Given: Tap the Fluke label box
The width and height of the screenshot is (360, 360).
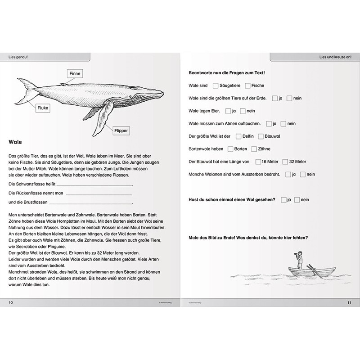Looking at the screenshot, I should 44,108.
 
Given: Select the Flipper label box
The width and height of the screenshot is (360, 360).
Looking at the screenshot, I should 121,131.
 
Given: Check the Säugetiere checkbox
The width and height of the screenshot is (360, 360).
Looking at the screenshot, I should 216,85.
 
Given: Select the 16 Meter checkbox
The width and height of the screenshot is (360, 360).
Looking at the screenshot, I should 258,161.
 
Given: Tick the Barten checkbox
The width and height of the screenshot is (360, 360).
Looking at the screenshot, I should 230,148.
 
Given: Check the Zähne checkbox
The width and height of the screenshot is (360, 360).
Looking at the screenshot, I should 254,148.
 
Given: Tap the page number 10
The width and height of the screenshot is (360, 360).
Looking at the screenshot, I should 11,302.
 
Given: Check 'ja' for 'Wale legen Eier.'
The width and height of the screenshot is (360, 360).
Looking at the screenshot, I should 228,111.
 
